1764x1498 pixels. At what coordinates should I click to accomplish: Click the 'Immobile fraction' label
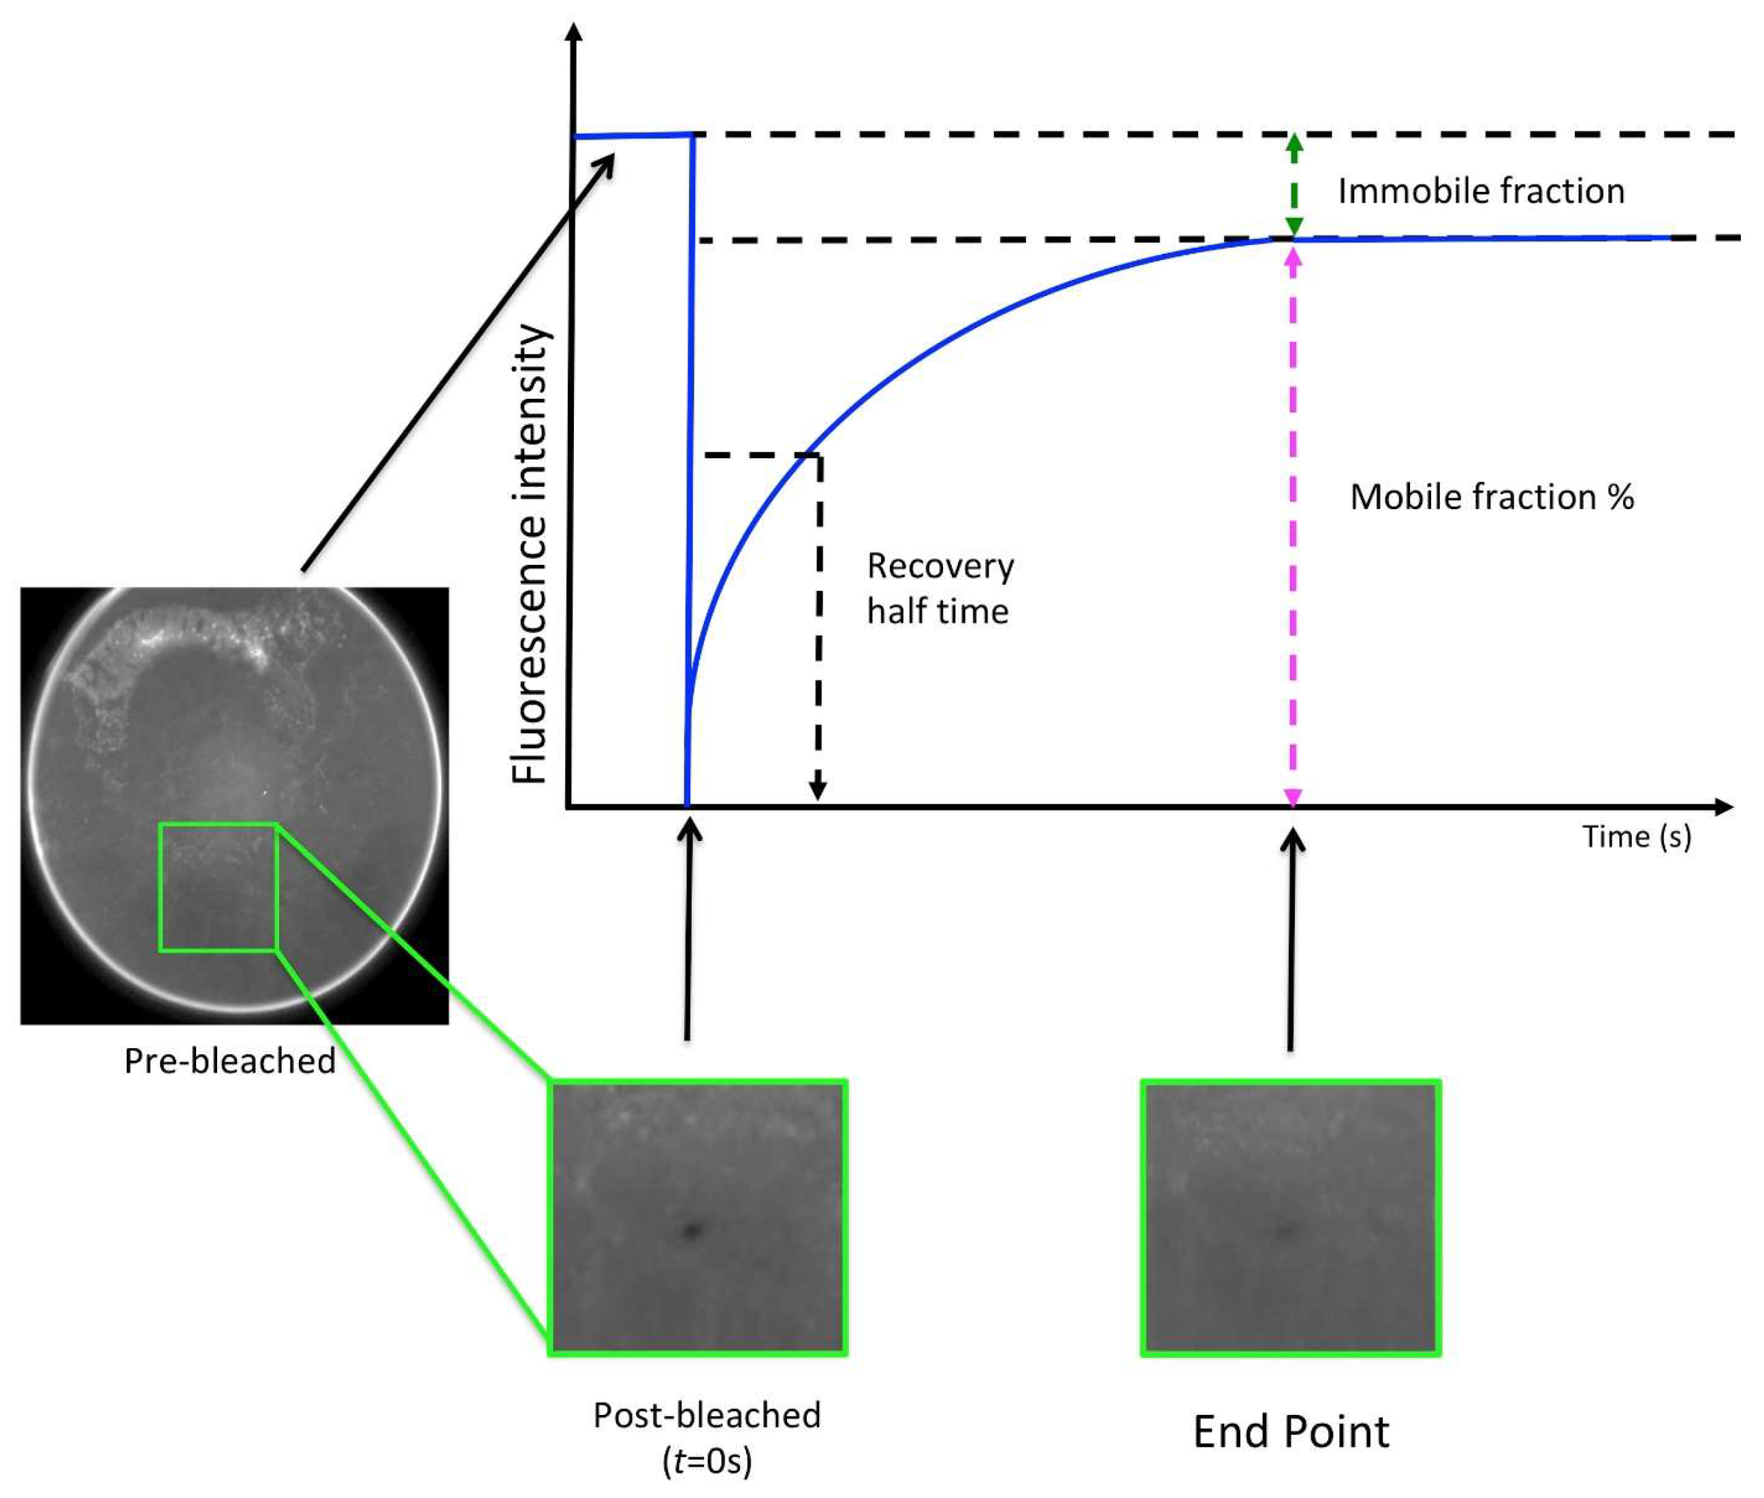coord(1480,191)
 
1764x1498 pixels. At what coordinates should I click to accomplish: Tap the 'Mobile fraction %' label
coord(1492,497)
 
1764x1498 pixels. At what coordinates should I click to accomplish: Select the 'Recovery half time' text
coord(940,589)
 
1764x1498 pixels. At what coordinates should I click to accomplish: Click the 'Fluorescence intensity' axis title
coord(530,554)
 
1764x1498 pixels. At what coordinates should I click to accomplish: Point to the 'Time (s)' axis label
coord(1636,836)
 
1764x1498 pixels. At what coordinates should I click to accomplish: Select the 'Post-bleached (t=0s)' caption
coord(707,1437)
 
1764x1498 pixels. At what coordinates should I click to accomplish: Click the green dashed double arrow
coord(1294,185)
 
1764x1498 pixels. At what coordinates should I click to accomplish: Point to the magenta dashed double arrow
coord(1293,527)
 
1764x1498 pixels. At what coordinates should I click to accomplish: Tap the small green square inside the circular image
coord(219,887)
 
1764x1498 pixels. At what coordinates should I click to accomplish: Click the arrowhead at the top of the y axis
coord(574,32)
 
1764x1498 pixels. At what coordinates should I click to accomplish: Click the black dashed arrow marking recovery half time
coord(819,628)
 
